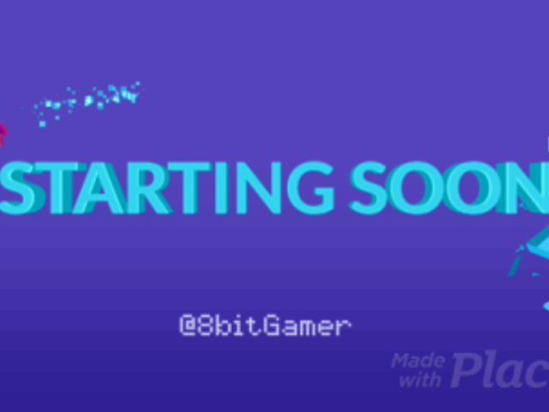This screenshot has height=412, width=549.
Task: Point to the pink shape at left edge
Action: pos(3,133)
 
